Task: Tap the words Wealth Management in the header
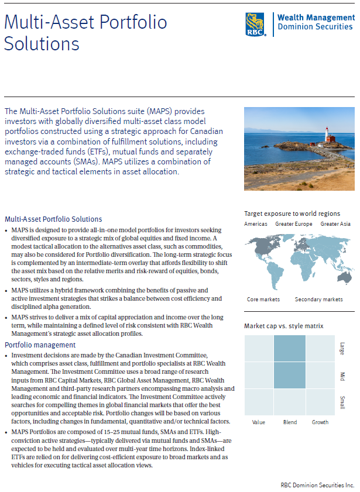pyautogui.click(x=315, y=18)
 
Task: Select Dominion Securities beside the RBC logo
pyautogui.click(x=315, y=27)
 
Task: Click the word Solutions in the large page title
pyautogui.click(x=41, y=44)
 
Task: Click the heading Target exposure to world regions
pyautogui.click(x=292, y=214)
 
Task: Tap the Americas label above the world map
pyautogui.click(x=256, y=224)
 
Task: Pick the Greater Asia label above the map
pyautogui.click(x=335, y=224)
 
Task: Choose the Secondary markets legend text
pyautogui.click(x=318, y=300)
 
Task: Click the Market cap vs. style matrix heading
pyautogui.click(x=283, y=326)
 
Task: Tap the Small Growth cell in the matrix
pyautogui.click(x=320, y=402)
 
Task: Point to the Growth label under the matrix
pyautogui.click(x=320, y=422)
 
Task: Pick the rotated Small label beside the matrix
pyautogui.click(x=342, y=402)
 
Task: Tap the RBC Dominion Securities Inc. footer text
pyautogui.click(x=317, y=486)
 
